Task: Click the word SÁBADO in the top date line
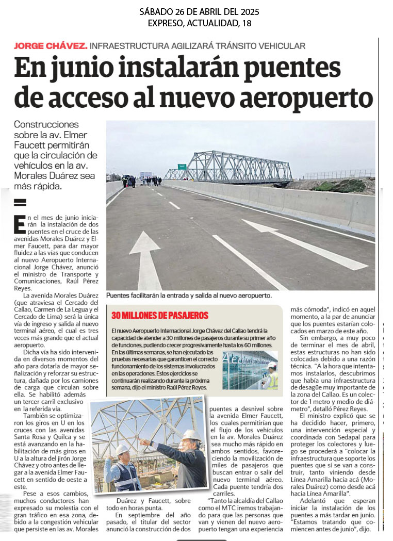pyautogui.click(x=157, y=11)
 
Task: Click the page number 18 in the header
pyautogui.click(x=247, y=23)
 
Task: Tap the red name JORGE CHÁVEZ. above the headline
pyautogui.click(x=51, y=45)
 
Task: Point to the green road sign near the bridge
pyautogui.click(x=182, y=167)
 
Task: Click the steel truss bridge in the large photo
pyautogui.click(x=235, y=167)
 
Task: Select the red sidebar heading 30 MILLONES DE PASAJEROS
pyautogui.click(x=160, y=315)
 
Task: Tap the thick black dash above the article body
pyautogui.click(x=20, y=202)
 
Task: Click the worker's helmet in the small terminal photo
pyautogui.click(x=271, y=365)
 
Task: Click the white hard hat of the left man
pyautogui.click(x=122, y=449)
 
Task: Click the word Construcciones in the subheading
pyautogui.click(x=46, y=124)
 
